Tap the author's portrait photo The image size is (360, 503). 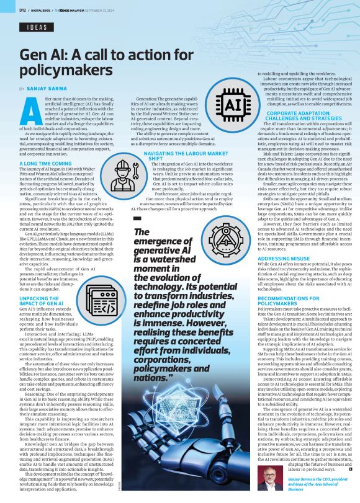(x=267, y=474)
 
